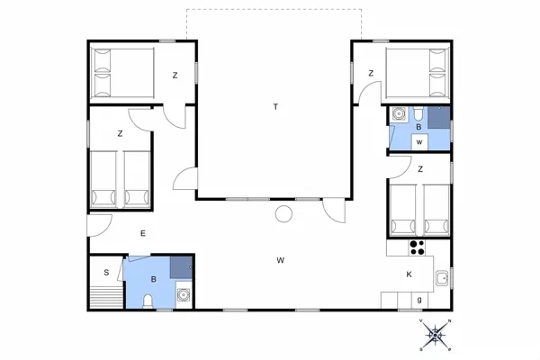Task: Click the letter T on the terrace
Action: pos(275,107)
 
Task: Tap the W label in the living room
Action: pos(281,260)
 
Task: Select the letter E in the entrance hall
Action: pos(142,234)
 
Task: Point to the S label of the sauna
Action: pos(105,272)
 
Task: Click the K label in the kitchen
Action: pos(409,274)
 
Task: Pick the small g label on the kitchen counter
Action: pos(418,300)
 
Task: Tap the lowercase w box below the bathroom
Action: pos(419,142)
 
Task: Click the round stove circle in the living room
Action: pos(284,214)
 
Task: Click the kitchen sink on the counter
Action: pos(442,279)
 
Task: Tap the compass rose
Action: pos(436,335)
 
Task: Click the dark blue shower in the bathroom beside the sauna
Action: pos(181,266)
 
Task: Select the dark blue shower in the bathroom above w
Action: pos(438,118)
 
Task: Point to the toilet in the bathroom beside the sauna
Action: pos(148,299)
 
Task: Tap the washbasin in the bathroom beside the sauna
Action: pos(183,292)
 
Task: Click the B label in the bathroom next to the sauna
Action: pos(154,280)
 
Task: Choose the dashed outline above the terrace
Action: pos(274,10)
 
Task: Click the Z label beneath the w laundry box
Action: pos(419,168)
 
